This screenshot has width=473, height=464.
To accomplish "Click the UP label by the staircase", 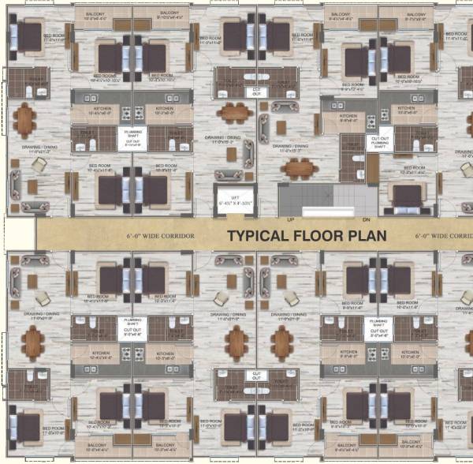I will point(290,219).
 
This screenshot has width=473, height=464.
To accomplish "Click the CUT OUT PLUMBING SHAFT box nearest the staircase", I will point(381,140).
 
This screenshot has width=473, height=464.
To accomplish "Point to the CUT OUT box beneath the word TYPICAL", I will point(256,377).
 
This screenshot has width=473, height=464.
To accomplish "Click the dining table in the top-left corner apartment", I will point(24,120).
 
